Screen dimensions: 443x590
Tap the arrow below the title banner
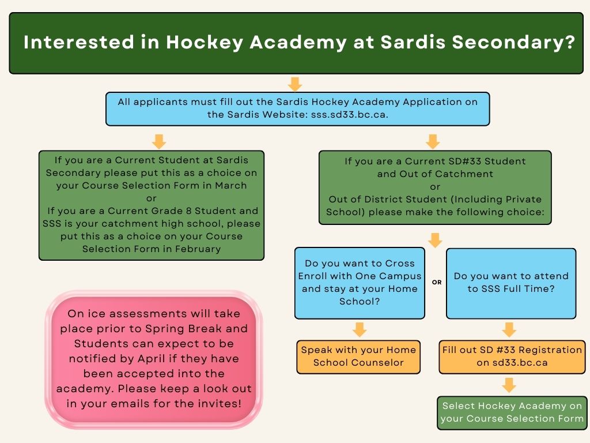pos(295,84)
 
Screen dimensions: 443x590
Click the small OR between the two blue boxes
pos(437,283)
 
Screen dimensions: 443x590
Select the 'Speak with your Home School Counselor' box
pos(358,356)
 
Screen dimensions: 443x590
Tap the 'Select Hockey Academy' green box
pos(512,412)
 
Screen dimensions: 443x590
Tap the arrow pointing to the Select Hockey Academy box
pos(509,385)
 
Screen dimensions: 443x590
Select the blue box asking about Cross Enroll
pos(360,283)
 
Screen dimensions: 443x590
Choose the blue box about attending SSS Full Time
pos(511,283)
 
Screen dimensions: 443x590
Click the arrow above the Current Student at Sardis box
pos(159,141)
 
